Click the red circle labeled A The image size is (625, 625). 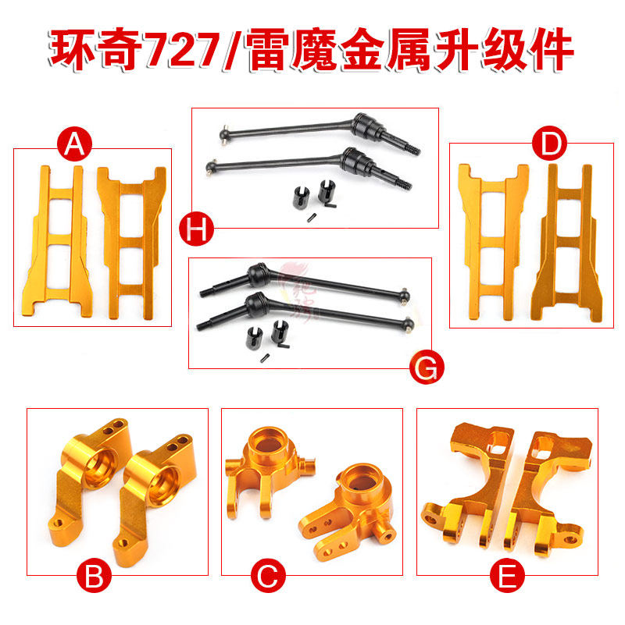click(75, 144)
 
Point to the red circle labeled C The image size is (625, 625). click(267, 578)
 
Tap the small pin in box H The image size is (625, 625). click(310, 217)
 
